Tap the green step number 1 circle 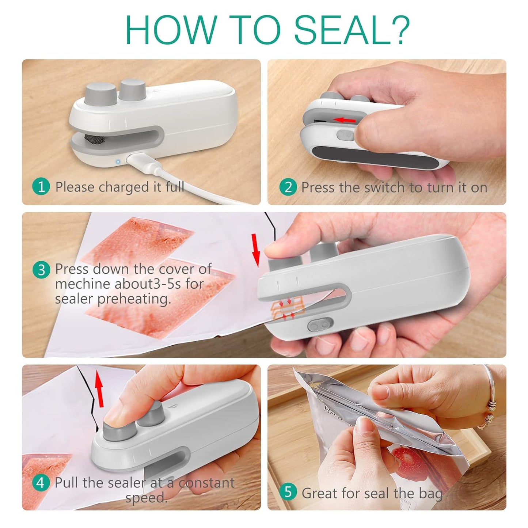pyautogui.click(x=41, y=187)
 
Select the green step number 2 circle pyautogui.click(x=288, y=187)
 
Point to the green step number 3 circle pyautogui.click(x=41, y=270)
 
